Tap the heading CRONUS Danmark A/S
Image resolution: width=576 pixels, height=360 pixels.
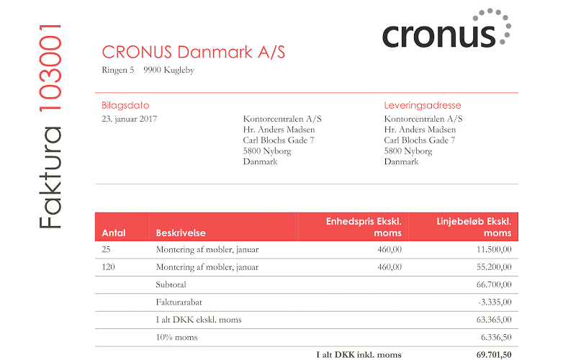click(194, 52)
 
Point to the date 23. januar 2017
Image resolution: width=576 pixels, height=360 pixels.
click(129, 119)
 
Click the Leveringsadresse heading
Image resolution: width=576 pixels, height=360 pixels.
click(423, 105)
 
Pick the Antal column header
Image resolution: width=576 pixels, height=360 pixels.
click(114, 233)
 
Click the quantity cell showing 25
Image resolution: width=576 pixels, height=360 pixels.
click(107, 250)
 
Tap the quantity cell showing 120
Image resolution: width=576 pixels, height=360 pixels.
click(109, 267)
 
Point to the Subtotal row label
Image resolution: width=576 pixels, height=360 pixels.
click(171, 284)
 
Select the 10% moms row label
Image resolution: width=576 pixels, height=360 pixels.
click(176, 337)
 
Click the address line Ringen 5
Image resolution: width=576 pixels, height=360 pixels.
click(118, 71)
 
